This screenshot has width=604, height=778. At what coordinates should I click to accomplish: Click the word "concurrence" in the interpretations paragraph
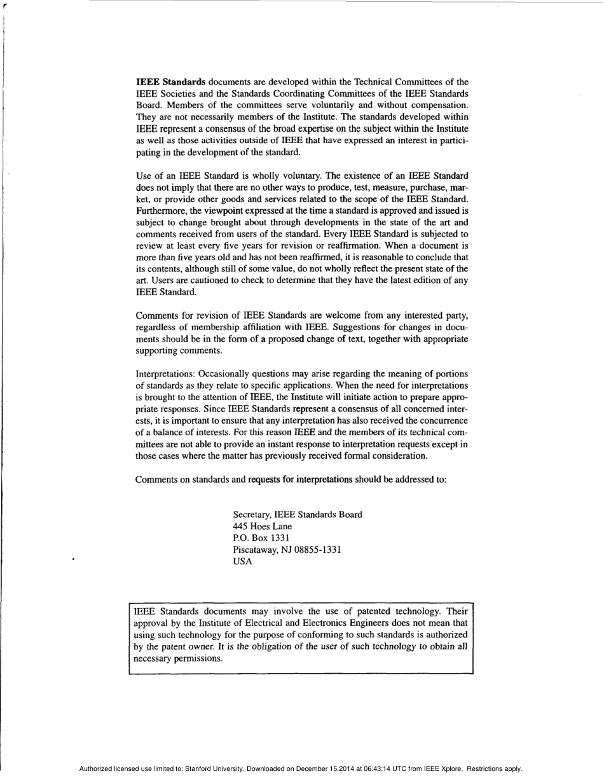coord(444,420)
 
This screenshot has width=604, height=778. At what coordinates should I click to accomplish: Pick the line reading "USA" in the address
coord(243,562)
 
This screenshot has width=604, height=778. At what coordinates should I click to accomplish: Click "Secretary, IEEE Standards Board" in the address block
coord(298,515)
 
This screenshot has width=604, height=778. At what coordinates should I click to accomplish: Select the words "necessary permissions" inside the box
coord(178,659)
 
